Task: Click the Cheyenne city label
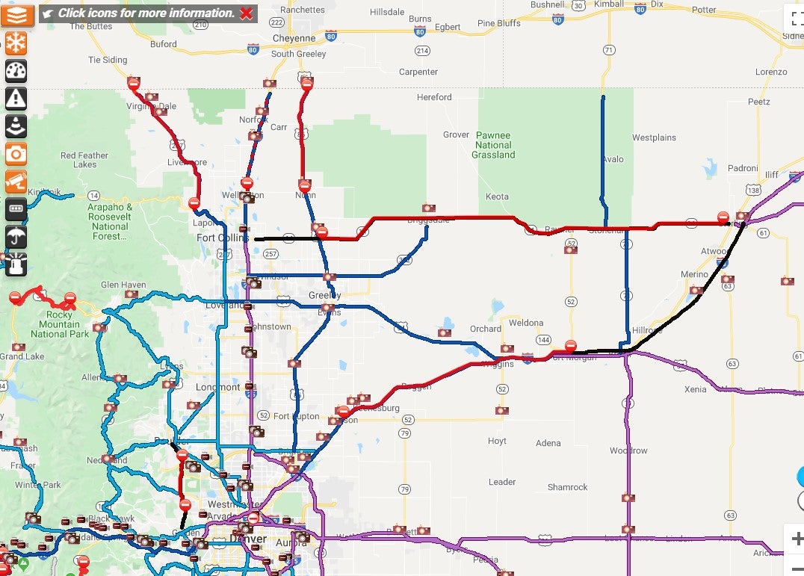[294, 38]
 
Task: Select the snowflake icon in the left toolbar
[16, 43]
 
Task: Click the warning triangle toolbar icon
[16, 98]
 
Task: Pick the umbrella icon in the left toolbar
[16, 237]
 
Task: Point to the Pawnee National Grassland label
[493, 145]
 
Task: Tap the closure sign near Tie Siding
[134, 84]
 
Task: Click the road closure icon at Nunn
[304, 185]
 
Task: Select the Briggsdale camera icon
[428, 208]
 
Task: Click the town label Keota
[497, 196]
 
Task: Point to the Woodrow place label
[628, 450]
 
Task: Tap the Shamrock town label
[567, 487]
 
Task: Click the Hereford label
[434, 97]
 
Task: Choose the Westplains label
[654, 137]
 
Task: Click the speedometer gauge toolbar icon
[16, 70]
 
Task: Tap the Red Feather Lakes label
[84, 160]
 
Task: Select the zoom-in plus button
[797, 539]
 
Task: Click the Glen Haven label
[123, 285]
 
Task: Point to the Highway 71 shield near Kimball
[610, 50]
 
